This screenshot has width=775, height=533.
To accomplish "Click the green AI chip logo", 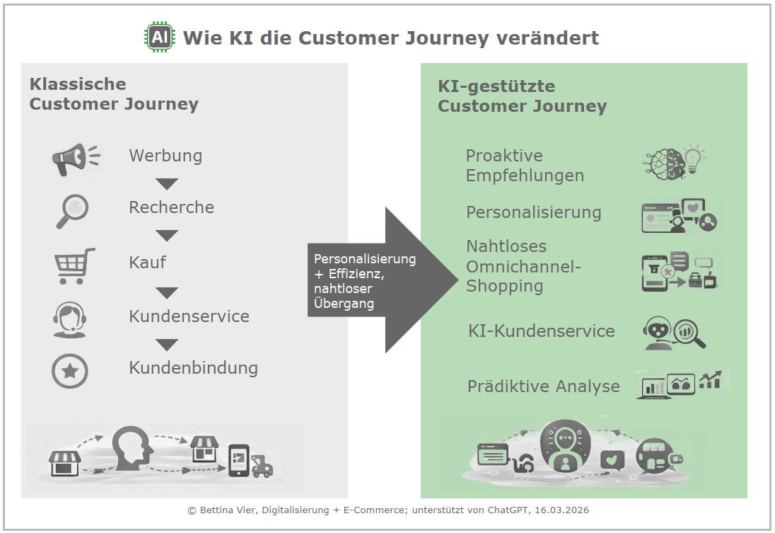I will (x=160, y=37).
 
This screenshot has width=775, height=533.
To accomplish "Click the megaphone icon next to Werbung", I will (x=74, y=159).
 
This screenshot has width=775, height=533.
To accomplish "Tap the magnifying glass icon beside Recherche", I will (x=72, y=210).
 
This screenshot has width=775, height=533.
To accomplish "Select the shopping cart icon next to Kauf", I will (x=74, y=265).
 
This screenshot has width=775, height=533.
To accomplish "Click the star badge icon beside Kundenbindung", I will (x=70, y=371).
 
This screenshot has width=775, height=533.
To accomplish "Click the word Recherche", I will (x=171, y=207).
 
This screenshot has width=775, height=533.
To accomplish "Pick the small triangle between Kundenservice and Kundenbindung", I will (x=167, y=345).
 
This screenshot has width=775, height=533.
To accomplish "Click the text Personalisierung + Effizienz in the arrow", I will (x=364, y=265).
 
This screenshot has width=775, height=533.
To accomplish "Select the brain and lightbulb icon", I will (x=674, y=162).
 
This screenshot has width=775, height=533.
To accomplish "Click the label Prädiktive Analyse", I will (x=543, y=386).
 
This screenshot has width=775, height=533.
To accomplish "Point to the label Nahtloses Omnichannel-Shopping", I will (x=523, y=266).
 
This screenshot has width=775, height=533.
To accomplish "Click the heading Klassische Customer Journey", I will (x=113, y=94).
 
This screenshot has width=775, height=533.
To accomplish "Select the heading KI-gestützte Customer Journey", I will (x=522, y=97).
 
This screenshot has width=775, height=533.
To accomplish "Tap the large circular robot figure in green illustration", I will (x=564, y=447).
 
